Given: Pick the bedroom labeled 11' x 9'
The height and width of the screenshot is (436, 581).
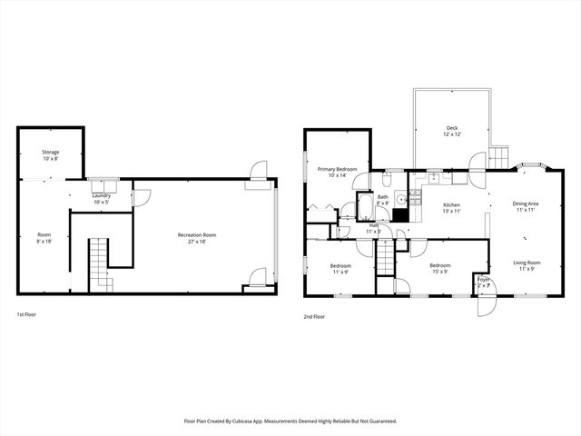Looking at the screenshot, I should click(x=340, y=267).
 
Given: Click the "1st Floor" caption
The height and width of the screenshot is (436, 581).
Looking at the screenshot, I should click(x=26, y=315).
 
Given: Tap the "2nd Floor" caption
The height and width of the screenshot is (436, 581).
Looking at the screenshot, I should click(x=314, y=316).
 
